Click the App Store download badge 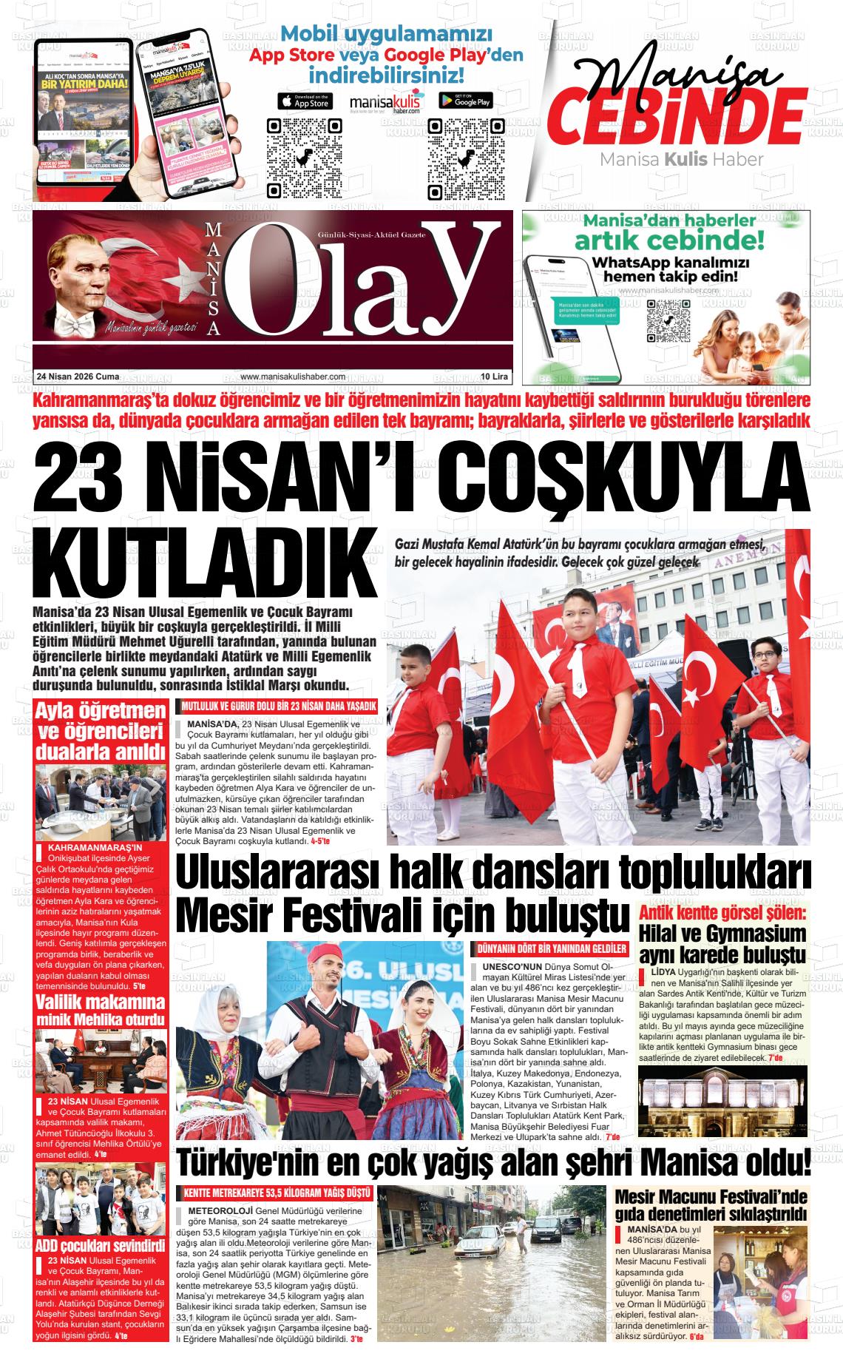304,101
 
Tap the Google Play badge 466,101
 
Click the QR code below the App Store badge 304,158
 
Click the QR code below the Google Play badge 465,158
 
